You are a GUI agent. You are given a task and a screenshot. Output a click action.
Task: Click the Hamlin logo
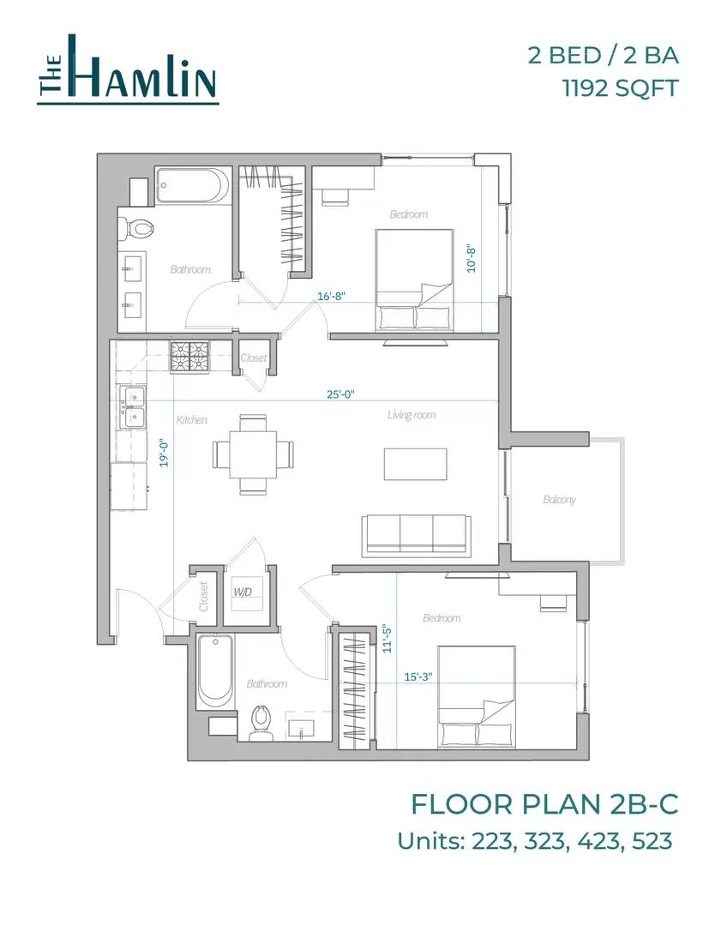click(x=128, y=69)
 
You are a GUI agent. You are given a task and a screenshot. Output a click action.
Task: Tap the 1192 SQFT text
click(x=620, y=89)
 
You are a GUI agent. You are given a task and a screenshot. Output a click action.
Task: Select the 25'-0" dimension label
click(x=340, y=394)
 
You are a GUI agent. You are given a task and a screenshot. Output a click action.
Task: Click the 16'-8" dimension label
click(x=331, y=295)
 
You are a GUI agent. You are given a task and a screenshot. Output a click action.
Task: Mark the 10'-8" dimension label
click(x=472, y=258)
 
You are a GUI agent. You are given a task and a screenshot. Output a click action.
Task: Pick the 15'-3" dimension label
click(x=418, y=676)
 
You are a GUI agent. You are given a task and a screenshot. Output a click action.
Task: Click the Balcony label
click(x=559, y=500)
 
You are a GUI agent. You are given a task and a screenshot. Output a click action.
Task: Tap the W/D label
click(x=243, y=591)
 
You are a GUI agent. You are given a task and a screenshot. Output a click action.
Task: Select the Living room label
click(x=412, y=415)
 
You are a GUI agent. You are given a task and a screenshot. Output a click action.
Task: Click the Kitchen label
click(x=192, y=420)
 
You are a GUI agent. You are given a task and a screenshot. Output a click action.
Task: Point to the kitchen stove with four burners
click(x=190, y=358)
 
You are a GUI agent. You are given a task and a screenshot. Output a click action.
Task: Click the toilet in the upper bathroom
click(x=135, y=227)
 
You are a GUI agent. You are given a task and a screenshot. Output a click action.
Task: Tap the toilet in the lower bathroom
click(x=260, y=723)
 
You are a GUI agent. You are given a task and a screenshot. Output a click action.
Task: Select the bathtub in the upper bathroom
click(x=192, y=185)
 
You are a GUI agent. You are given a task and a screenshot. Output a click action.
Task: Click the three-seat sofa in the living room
click(x=417, y=536)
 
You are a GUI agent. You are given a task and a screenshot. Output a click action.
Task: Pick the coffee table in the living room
click(x=416, y=464)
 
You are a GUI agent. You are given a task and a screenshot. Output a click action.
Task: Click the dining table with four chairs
click(x=253, y=454)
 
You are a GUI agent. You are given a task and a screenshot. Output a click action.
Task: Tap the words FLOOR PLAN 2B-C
click(x=544, y=804)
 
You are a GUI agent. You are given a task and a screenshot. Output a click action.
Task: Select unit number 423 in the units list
click(x=598, y=840)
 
